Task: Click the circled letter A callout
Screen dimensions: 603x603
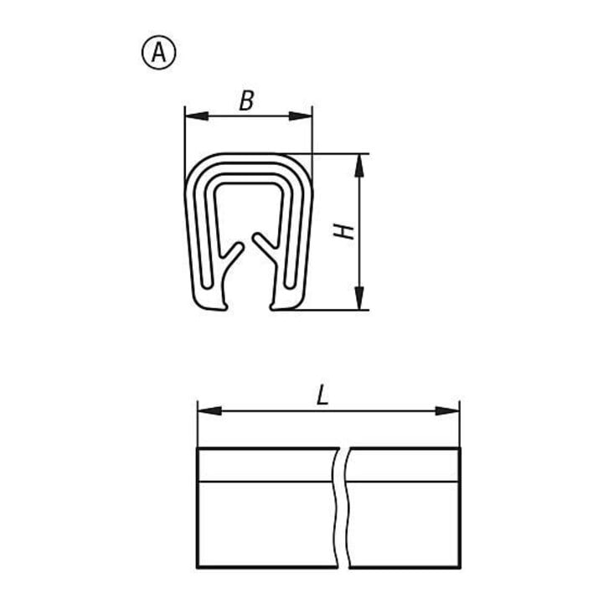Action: (159, 52)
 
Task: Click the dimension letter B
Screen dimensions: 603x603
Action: (246, 100)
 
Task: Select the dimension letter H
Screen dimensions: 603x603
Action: (343, 231)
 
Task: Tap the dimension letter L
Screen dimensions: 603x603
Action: (322, 395)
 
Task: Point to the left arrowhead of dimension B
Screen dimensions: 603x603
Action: (197, 116)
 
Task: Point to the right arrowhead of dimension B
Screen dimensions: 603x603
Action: (301, 116)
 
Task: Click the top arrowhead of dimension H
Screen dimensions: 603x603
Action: (358, 165)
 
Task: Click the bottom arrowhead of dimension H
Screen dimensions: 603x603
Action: (358, 298)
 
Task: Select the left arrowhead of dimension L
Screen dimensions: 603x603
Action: (209, 411)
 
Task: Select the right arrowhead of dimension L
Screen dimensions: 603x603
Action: (447, 411)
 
